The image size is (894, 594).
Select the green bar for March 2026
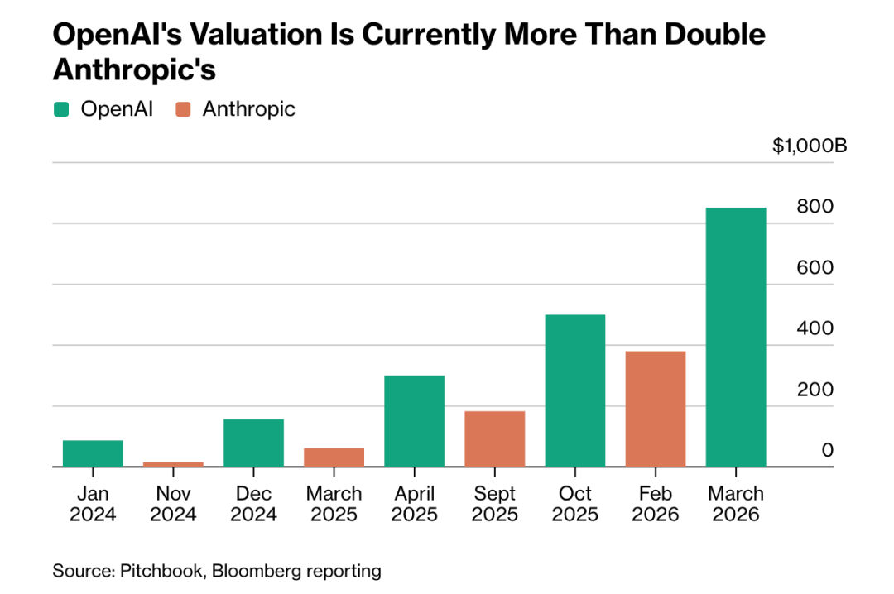(x=736, y=337)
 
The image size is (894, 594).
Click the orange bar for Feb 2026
(x=656, y=409)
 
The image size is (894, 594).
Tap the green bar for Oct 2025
(x=575, y=390)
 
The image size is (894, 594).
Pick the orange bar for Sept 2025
(x=495, y=438)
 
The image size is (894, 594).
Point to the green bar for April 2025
(x=415, y=421)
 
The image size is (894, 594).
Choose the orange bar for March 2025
(x=334, y=457)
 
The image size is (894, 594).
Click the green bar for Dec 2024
(x=253, y=443)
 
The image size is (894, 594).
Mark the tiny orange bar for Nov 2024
(x=173, y=464)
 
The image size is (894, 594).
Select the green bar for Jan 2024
(x=93, y=453)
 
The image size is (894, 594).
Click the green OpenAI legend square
(x=61, y=109)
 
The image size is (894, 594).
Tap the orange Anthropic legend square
(x=184, y=109)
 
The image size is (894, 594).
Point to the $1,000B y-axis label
(x=810, y=146)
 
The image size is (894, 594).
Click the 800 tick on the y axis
(x=815, y=208)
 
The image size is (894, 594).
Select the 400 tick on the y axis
(x=815, y=328)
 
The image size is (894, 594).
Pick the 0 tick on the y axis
(x=827, y=450)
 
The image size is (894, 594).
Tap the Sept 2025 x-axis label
(x=495, y=504)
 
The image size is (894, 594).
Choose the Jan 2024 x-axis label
(x=93, y=504)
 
